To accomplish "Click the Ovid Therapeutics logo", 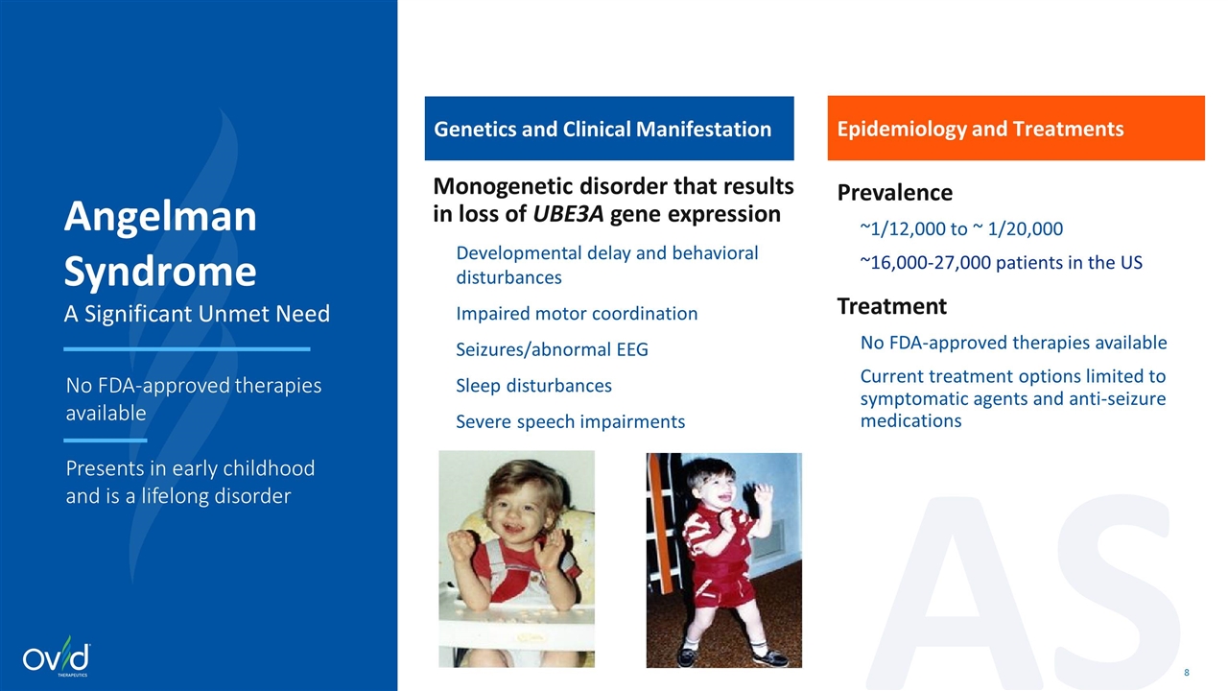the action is point(57,655).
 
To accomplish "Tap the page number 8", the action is point(1187,673).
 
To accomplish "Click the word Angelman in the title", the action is point(160,217).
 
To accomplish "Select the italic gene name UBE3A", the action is point(568,214).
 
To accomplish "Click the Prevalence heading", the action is point(895,193).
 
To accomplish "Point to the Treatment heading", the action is point(892,306).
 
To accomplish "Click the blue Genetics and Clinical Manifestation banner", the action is point(609,129).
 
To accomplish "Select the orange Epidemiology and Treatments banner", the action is point(1016,129).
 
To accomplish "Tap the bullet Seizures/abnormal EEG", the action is point(552,349).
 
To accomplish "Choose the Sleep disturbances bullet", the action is point(534,386).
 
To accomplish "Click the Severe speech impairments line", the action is point(571,421).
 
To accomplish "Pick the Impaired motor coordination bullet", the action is point(577,313).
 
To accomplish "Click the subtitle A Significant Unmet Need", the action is point(197,314).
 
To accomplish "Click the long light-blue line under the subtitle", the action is point(187,348).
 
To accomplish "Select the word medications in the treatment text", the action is point(910,420).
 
